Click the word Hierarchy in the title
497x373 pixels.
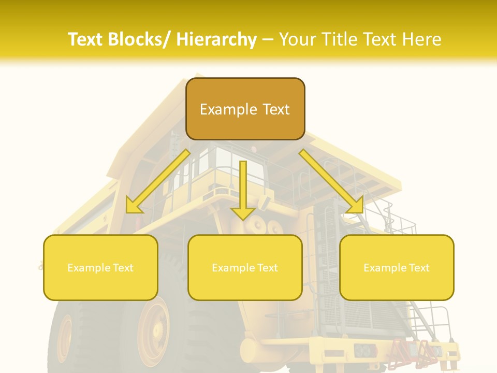[216, 39]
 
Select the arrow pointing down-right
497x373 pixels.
[331, 181]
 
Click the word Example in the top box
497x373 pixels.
[228, 109]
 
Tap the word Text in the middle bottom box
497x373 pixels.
[267, 268]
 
